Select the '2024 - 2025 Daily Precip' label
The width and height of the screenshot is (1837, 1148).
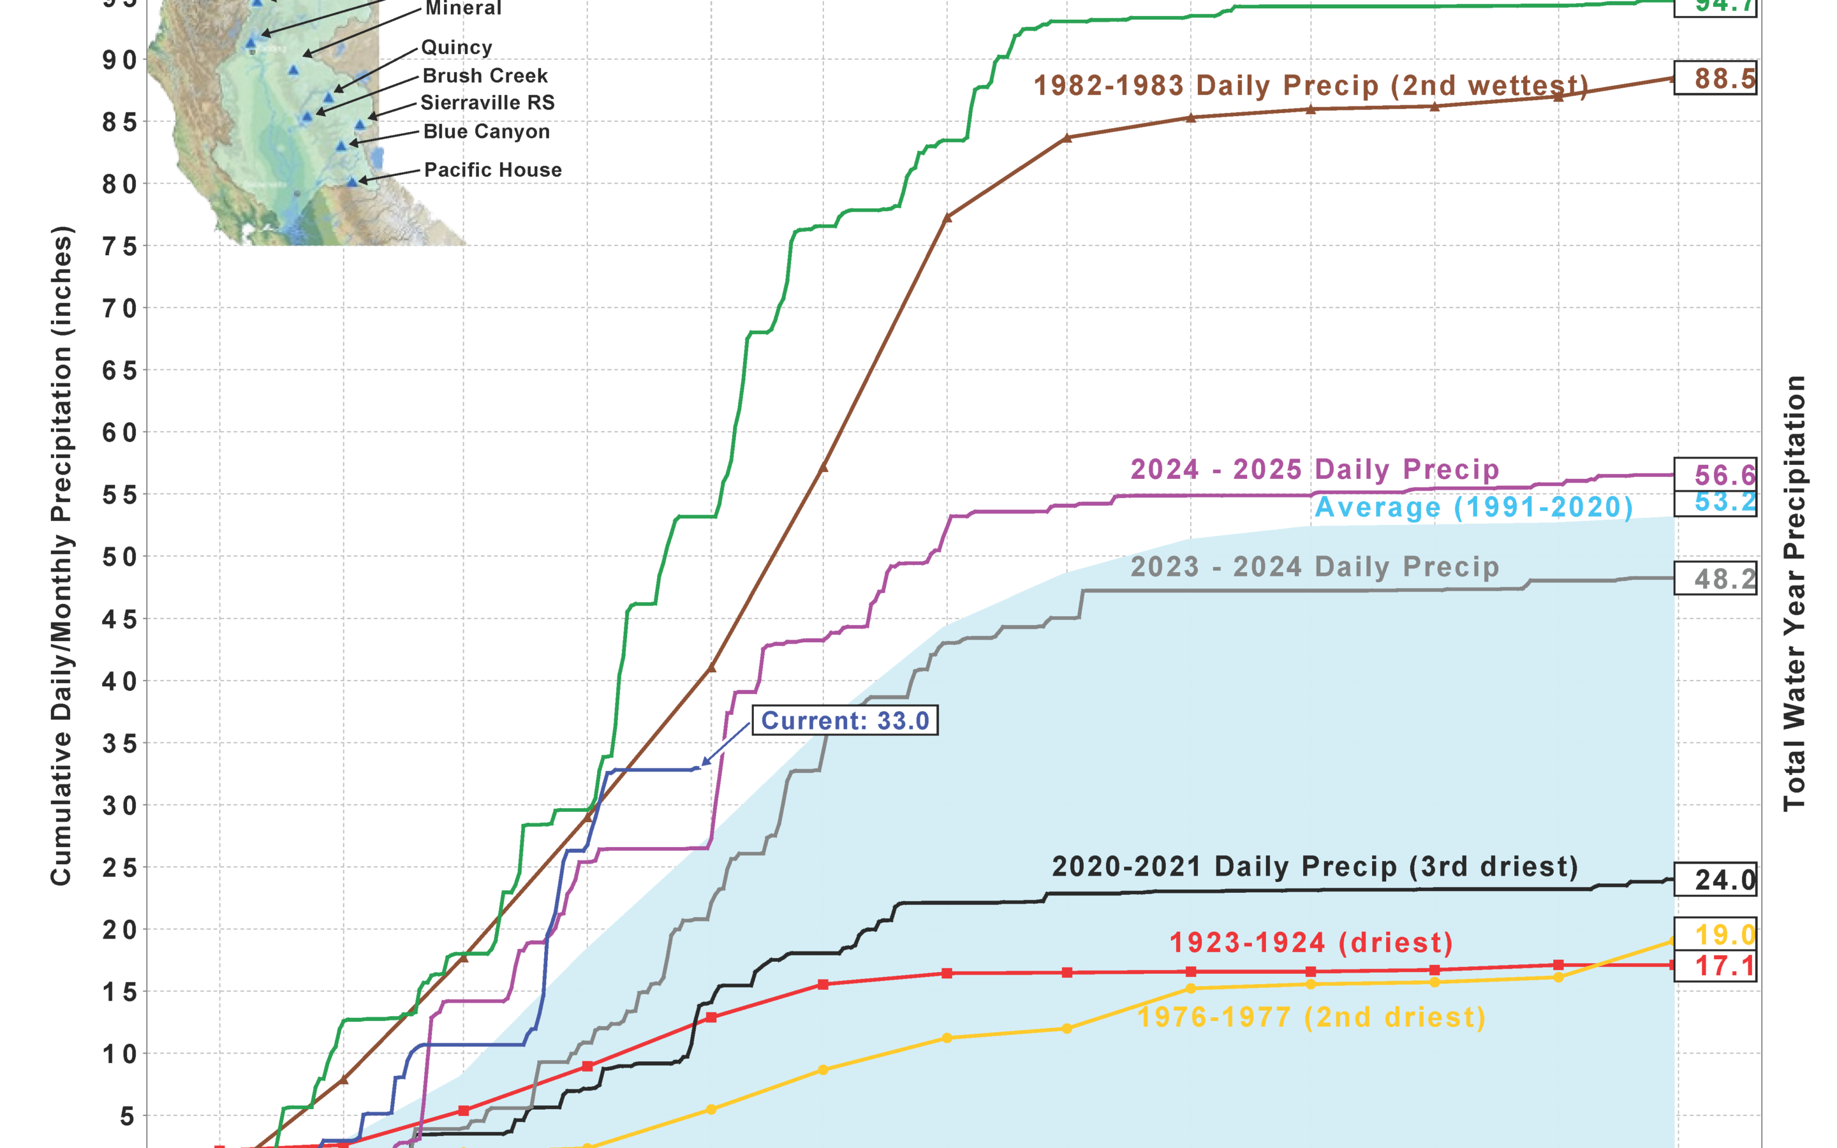(1315, 469)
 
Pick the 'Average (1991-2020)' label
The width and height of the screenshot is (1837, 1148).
(1473, 507)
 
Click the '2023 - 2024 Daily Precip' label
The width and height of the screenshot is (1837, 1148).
(1315, 566)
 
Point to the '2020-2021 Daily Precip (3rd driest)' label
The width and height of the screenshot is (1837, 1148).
(1315, 866)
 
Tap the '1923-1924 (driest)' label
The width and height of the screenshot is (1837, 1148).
(1311, 942)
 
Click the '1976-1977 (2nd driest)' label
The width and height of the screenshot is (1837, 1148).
(1311, 1017)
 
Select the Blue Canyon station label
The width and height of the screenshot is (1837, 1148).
(487, 131)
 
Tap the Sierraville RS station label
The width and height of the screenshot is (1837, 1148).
(487, 103)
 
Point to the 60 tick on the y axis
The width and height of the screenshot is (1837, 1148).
(119, 433)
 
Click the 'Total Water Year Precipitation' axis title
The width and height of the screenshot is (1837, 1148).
(1794, 592)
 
